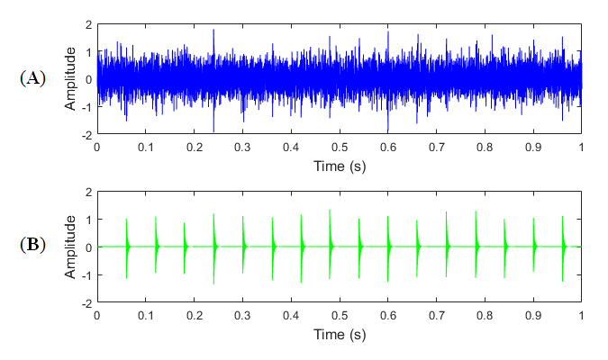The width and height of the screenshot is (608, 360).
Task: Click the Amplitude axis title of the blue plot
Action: click(70, 79)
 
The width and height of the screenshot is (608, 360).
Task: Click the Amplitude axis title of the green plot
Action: click(70, 247)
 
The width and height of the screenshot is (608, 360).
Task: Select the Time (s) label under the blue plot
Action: click(339, 166)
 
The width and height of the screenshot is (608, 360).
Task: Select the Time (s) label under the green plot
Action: click(339, 334)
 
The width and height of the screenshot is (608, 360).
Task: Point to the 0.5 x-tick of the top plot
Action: click(339, 147)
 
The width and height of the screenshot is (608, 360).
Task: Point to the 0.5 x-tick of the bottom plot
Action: click(339, 315)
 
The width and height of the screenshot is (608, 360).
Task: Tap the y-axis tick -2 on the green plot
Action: click(86, 303)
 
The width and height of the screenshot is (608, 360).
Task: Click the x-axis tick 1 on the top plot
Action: click(581, 147)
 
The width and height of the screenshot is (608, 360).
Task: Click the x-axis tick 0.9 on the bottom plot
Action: click(532, 315)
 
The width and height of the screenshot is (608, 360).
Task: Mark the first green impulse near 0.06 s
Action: click(126, 247)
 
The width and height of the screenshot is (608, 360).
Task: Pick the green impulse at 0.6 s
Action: click(387, 247)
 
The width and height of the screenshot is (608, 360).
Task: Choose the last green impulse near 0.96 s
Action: click(562, 247)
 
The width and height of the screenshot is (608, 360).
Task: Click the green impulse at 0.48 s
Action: click(330, 247)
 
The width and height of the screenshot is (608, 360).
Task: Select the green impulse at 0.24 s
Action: click(213, 247)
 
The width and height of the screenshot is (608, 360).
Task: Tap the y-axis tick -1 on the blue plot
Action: click(86, 107)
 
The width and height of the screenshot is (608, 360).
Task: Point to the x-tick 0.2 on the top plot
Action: click(194, 147)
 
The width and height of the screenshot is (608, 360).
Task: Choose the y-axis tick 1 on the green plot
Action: click(87, 220)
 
